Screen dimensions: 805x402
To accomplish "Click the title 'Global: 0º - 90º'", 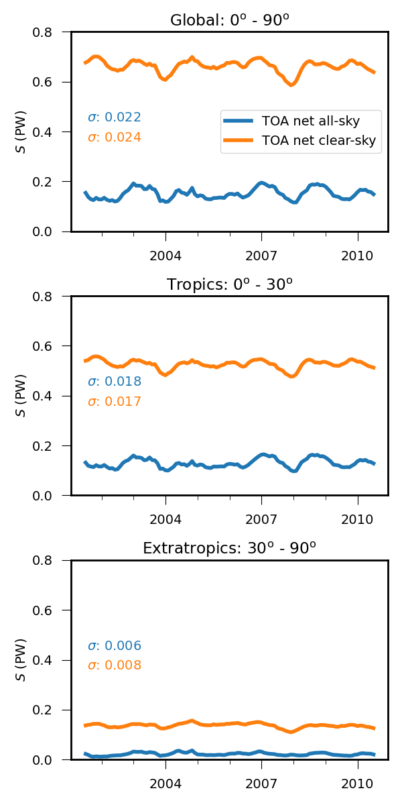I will coord(229,20).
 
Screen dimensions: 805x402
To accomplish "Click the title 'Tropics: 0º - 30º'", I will coord(229,284).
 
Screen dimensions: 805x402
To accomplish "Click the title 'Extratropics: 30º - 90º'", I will coord(229,548).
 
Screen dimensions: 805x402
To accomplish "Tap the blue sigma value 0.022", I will coord(115,117).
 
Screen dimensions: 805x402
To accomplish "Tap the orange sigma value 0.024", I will coord(115,138).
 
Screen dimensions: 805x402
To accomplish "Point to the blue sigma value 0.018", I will coord(115,382).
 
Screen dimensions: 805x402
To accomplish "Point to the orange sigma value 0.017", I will coord(115,402).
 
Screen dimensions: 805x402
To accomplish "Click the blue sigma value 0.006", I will coord(115,646).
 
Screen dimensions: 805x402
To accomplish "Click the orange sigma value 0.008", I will coord(115,665).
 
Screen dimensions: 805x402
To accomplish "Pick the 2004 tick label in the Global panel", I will coord(165,256).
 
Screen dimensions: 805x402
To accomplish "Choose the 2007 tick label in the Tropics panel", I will coord(261,520).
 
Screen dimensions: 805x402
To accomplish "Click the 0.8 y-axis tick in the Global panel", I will coord(50,32).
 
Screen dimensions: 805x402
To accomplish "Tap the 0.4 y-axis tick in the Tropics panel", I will coord(50,396).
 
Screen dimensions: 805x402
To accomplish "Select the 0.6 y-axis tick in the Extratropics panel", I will coord(50,610).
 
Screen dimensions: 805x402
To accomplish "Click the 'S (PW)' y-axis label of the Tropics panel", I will coord(22,396).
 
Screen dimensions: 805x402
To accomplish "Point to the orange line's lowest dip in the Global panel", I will coord(291,85).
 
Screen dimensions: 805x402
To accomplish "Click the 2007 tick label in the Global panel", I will coord(261,256).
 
